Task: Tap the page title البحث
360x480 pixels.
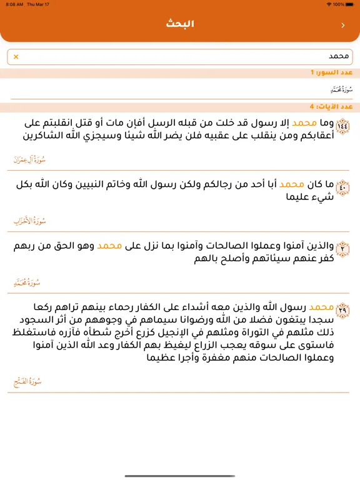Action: click(180, 24)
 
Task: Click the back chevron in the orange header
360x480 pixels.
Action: click(342, 26)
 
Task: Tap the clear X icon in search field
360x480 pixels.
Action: click(16, 57)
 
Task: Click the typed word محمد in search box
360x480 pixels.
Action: click(341, 57)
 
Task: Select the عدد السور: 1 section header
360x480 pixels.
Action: click(331, 73)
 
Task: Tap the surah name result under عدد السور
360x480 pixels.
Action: click(337, 89)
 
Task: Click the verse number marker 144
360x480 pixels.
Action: click(342, 126)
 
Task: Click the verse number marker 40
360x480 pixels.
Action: click(342, 186)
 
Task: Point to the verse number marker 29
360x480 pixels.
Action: click(342, 309)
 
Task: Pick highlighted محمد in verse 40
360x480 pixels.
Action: click(292, 185)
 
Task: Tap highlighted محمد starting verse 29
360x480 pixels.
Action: click(322, 307)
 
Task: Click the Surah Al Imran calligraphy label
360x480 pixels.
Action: click(29, 160)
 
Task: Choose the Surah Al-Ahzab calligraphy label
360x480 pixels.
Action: click(30, 221)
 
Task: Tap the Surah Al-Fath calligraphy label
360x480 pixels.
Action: click(28, 381)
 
